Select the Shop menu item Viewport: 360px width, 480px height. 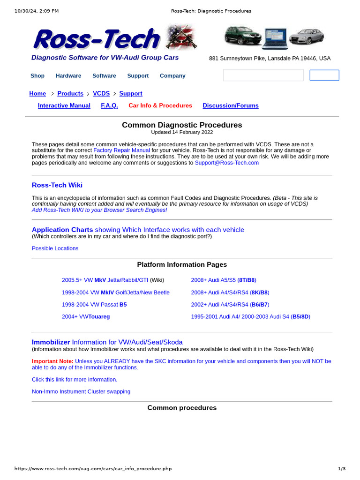(37, 75)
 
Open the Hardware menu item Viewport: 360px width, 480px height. (68, 75)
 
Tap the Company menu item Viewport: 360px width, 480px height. (172, 75)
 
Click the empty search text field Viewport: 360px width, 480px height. (263, 75)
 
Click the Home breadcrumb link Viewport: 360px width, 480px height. (37, 93)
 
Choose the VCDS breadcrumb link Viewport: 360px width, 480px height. (101, 93)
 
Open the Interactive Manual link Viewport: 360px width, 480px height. (64, 105)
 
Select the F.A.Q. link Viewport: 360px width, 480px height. (109, 105)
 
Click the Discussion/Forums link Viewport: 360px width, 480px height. (231, 105)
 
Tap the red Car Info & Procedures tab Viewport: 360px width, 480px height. (160, 105)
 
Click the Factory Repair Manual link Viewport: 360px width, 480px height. (122, 150)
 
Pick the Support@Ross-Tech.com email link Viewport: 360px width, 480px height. (227, 163)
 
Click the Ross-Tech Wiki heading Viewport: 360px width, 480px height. (57, 185)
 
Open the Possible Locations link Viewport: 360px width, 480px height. (55, 248)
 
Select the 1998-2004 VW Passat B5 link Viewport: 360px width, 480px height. (94, 304)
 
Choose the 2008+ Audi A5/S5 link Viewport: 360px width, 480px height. (224, 280)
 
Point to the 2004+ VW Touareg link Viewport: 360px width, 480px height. (86, 316)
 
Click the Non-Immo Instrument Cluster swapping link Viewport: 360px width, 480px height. (81, 391)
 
